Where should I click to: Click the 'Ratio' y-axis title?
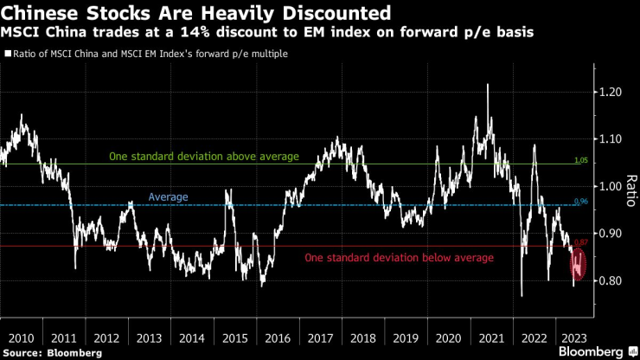click(630, 187)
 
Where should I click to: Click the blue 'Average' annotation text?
click(168, 197)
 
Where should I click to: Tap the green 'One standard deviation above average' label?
click(203, 157)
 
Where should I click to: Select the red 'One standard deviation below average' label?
click(399, 258)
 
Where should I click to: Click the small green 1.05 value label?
click(581, 161)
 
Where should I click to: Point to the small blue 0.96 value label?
click(581, 202)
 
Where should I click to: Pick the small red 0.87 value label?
click(581, 242)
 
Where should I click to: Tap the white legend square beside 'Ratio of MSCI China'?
click(8, 54)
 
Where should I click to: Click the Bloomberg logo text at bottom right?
click(592, 352)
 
